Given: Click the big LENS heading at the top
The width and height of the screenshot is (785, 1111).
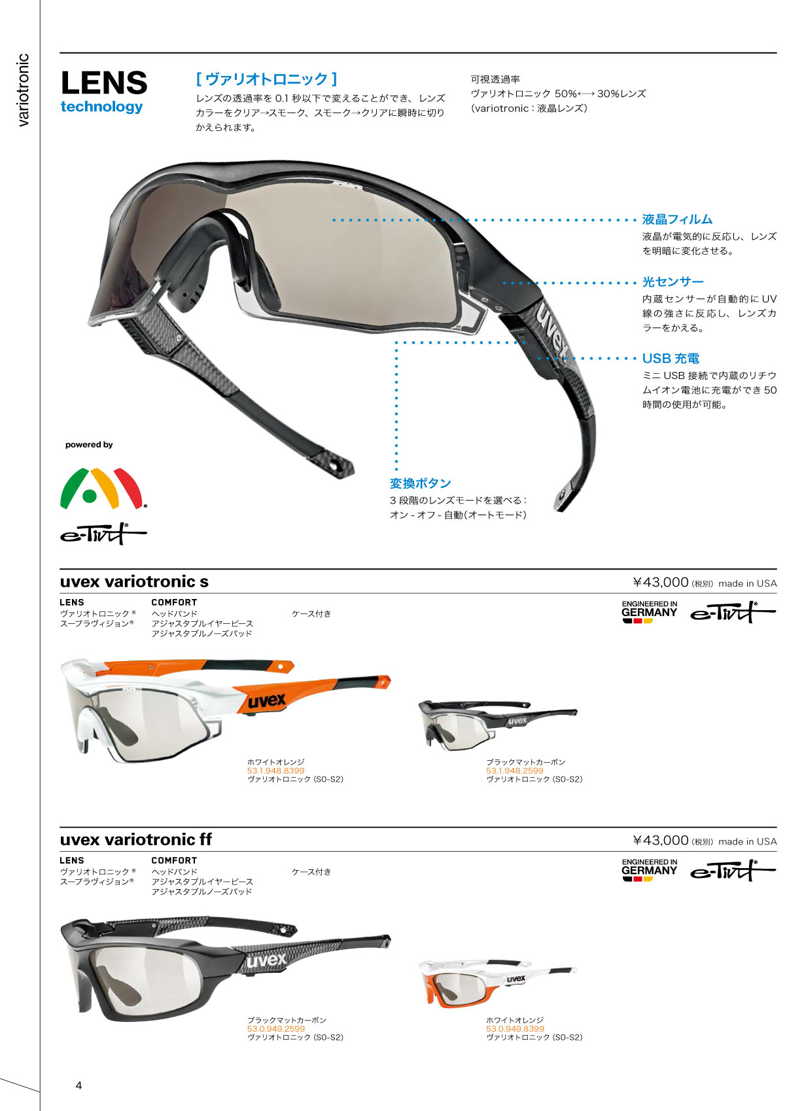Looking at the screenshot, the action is point(104,83).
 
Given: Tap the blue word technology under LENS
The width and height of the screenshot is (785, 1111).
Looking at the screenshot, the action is point(101,107).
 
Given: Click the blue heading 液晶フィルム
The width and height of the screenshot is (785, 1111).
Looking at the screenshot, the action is point(677,219).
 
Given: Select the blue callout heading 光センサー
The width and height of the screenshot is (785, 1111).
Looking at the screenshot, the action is point(672,282).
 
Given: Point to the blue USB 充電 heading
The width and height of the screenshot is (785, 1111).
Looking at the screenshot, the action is point(671,358).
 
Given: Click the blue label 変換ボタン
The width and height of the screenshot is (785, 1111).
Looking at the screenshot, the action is point(420,483).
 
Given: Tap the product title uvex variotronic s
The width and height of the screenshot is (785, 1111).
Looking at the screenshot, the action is point(134,581).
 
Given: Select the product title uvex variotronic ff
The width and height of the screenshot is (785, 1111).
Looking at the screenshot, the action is point(136,839).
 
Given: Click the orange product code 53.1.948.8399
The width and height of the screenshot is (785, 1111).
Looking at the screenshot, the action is point(275,771).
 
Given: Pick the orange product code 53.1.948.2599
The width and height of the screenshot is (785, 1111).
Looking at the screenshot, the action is point(514,771).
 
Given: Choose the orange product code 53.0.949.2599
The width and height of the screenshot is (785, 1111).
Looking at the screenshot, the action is point(275,1029).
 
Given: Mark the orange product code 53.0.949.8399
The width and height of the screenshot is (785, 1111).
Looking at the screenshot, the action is point(515,1029).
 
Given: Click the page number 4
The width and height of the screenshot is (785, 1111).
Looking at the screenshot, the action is point(78,1085).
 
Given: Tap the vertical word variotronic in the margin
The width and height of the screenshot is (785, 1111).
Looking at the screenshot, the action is point(23,90).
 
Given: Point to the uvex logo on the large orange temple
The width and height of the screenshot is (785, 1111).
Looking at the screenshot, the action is point(267,701).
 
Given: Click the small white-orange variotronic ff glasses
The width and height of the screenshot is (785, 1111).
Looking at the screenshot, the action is point(498,984).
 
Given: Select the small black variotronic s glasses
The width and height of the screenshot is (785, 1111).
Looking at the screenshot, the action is point(498,724).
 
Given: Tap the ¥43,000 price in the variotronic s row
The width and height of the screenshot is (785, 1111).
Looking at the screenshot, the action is point(661,582).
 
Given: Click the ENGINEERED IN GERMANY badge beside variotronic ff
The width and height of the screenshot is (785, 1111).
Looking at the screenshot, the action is point(649,870).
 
